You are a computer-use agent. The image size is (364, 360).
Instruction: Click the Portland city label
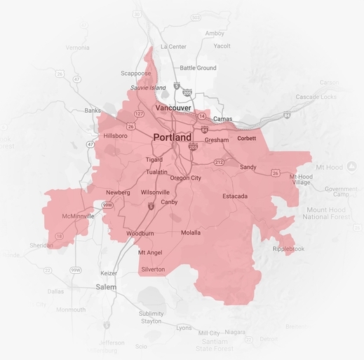[x=172, y=138]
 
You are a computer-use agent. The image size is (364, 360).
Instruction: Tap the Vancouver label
[x=173, y=109]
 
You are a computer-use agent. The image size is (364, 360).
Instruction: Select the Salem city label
[x=106, y=287]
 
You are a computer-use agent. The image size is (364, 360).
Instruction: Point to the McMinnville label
[x=78, y=216]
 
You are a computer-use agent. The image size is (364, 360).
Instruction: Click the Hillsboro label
[x=116, y=136]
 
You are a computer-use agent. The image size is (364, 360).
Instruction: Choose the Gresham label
[x=217, y=140]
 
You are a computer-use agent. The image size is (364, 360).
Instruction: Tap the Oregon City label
[x=186, y=178]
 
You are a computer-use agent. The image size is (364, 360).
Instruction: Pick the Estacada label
[x=235, y=197]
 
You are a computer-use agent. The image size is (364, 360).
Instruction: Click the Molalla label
[x=190, y=233]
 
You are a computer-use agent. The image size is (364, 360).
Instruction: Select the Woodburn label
[x=140, y=233]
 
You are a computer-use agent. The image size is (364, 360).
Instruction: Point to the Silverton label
[x=153, y=270]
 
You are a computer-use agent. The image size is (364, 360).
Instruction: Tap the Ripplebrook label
[x=288, y=249]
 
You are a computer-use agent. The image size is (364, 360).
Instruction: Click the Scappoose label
[x=135, y=73]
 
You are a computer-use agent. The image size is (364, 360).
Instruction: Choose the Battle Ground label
[x=198, y=68]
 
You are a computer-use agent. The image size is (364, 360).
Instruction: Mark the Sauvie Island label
[x=149, y=88]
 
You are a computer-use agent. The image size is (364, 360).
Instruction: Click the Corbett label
[x=247, y=139]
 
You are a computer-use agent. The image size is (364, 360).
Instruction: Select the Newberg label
[x=118, y=192]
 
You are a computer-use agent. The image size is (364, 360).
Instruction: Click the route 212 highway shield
[x=219, y=162]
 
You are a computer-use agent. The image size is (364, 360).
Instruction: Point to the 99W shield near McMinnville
[x=107, y=205]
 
